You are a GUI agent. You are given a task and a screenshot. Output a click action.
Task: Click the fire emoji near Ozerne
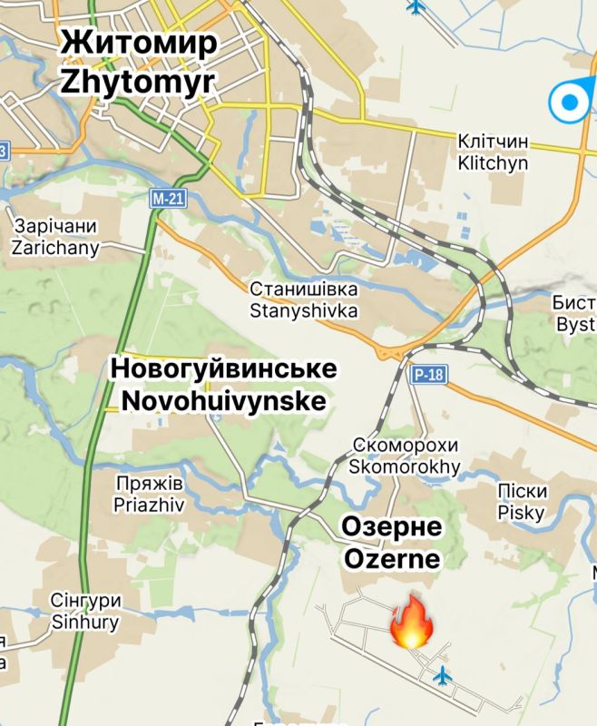pyautogui.click(x=411, y=622)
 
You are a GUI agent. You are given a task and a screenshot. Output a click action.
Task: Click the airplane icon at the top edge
pyautogui.click(x=416, y=7)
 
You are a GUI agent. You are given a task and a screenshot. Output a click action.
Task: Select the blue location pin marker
pyautogui.click(x=569, y=102)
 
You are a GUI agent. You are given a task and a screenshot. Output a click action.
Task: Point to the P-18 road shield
pyautogui.click(x=426, y=373)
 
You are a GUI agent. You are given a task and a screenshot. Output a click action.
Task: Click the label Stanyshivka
pyautogui.click(x=304, y=310)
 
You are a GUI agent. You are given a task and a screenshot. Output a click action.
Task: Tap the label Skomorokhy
pyautogui.click(x=405, y=467)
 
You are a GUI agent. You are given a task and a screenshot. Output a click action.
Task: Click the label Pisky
pyautogui.click(x=522, y=513)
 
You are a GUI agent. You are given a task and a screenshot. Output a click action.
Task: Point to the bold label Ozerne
pyautogui.click(x=391, y=555)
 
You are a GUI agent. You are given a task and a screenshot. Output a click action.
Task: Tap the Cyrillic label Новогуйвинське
pyautogui.click(x=223, y=369)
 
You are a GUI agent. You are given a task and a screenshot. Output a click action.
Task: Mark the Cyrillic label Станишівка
pyautogui.click(x=304, y=289)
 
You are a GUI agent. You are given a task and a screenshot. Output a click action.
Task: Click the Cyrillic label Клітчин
pyautogui.click(x=493, y=143)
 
